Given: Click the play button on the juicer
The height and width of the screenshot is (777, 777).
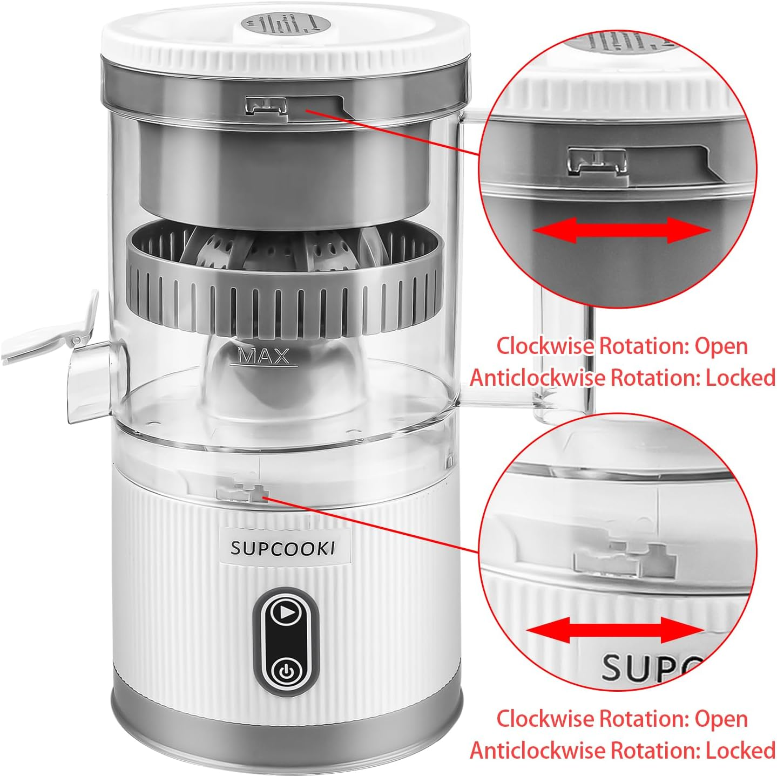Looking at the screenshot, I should (286, 612).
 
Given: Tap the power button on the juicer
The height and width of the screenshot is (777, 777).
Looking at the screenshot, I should (286, 671).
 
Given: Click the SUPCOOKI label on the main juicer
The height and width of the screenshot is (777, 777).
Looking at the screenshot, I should (282, 548).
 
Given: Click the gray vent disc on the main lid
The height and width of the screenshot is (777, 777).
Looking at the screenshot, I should (286, 25).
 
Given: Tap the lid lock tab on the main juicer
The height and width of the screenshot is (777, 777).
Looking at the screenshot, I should (266, 105).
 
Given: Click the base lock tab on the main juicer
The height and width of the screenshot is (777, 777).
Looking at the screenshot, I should (242, 492).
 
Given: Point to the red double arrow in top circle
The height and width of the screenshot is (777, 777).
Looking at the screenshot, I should (621, 230).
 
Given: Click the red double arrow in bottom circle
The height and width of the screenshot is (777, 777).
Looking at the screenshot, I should (614, 630).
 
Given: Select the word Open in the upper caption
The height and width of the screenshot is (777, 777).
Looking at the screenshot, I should (721, 346).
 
